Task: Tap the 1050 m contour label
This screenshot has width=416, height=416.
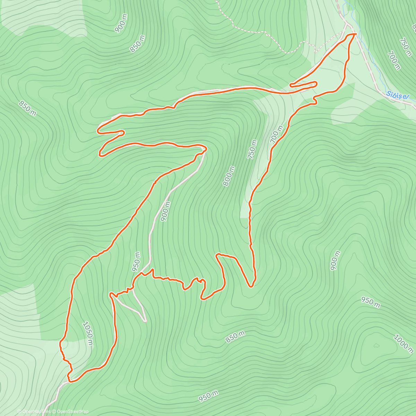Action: click(88, 333)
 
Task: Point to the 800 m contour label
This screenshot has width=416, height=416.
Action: click(229, 176)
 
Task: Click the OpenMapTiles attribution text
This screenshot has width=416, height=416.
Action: click(33, 411)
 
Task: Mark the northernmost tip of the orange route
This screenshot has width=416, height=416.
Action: click(354, 34)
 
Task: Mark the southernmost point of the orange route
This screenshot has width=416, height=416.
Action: click(71, 382)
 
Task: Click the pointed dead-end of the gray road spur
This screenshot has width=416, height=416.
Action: click(145, 321)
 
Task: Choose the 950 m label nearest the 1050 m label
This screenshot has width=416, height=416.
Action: click(137, 261)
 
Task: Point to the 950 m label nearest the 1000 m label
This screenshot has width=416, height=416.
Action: click(370, 302)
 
